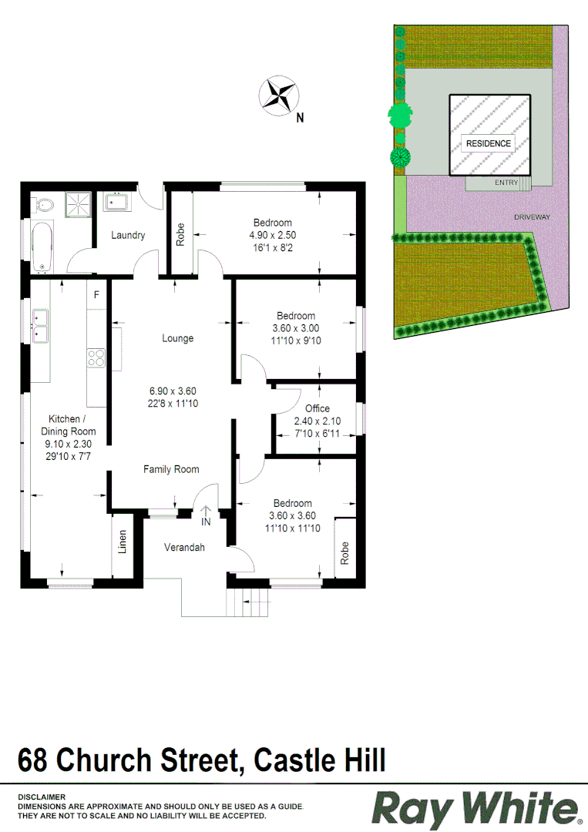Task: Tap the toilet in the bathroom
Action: [x=44, y=205]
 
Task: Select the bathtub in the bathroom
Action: [x=42, y=246]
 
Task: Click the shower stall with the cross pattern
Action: [x=76, y=204]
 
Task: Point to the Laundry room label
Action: [x=128, y=235]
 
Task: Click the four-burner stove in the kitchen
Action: [x=96, y=357]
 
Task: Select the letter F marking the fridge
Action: [x=97, y=295]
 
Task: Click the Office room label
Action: [x=317, y=408]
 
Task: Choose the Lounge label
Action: [x=177, y=338]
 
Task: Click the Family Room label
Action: [x=171, y=469]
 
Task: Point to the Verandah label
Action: [x=184, y=548]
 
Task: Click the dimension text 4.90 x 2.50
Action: [x=272, y=235]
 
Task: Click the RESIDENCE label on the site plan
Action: [x=488, y=143]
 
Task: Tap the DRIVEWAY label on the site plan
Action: [x=533, y=217]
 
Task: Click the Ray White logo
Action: [x=475, y=808]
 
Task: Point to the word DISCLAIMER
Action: [x=42, y=797]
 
